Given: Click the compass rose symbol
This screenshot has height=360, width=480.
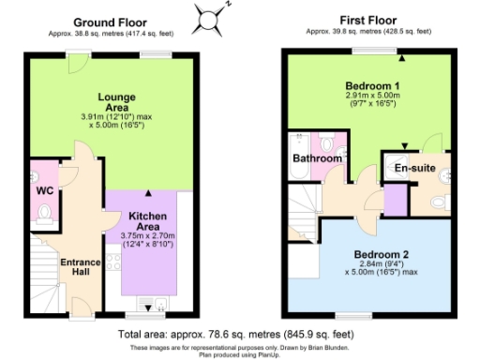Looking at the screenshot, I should coord(209,16).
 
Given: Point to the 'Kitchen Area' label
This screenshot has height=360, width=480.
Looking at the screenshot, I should coord(147,221).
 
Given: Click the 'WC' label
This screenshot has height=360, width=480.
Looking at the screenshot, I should coord(44,191).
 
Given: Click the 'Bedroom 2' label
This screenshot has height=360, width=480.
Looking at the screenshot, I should coord(381,254).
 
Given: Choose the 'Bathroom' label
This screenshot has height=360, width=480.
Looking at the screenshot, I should coord(317,159).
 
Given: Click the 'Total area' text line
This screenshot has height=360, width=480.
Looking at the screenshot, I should coord(234,333).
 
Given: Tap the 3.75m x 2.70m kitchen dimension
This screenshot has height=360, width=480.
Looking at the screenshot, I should coord(147,235).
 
